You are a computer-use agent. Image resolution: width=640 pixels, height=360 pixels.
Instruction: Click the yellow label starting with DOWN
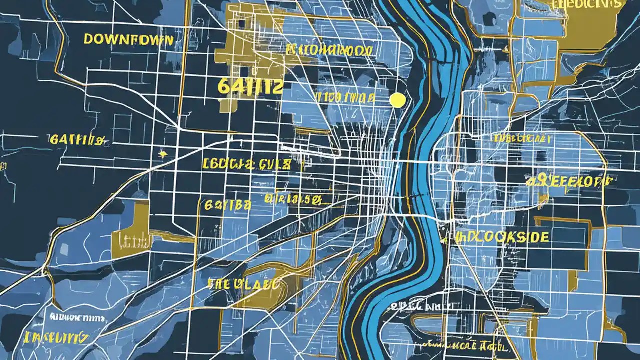[128, 39]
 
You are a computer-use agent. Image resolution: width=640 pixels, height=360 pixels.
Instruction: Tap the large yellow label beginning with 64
[250, 86]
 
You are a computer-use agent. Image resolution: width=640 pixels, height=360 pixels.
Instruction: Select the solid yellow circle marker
[397, 100]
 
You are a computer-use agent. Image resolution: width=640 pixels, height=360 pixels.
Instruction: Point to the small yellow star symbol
[162, 154]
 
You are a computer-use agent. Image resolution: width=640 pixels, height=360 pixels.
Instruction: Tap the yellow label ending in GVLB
[246, 164]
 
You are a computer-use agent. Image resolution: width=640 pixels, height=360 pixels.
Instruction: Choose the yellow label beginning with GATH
[78, 140]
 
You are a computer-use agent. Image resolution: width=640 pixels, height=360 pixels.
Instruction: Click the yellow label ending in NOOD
[329, 50]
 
